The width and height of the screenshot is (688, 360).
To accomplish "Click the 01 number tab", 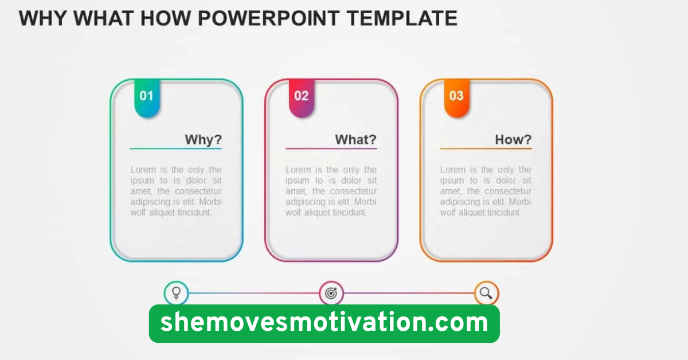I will pyautogui.click(x=147, y=97).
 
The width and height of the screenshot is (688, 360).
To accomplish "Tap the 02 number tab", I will pyautogui.click(x=302, y=97).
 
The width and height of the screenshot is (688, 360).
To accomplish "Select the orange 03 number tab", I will pyautogui.click(x=456, y=97).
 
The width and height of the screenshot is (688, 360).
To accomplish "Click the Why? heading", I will pyautogui.click(x=203, y=139).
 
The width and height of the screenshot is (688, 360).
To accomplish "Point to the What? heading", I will pyautogui.click(x=355, y=139).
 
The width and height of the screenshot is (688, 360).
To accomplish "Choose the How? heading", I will pyautogui.click(x=513, y=139).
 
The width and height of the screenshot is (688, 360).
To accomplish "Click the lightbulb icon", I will pyautogui.click(x=176, y=294).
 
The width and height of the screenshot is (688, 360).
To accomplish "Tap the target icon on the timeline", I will pyautogui.click(x=331, y=294).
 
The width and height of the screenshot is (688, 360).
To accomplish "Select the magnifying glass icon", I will pyautogui.click(x=486, y=294).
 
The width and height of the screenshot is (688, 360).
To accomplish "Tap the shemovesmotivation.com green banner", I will pyautogui.click(x=324, y=323).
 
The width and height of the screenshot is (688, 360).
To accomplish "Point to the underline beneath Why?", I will pyautogui.click(x=175, y=149).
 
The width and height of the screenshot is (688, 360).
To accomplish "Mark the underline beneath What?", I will pyautogui.click(x=331, y=149).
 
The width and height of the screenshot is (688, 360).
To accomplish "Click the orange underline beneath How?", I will pyautogui.click(x=486, y=149).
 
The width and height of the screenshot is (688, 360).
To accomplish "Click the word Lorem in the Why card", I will pyautogui.click(x=141, y=170).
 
